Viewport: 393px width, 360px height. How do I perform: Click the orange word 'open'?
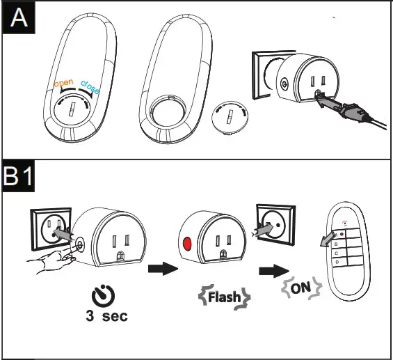(63, 84)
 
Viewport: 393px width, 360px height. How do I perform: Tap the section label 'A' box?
(17, 17)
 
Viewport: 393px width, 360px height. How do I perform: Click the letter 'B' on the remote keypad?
(337, 244)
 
